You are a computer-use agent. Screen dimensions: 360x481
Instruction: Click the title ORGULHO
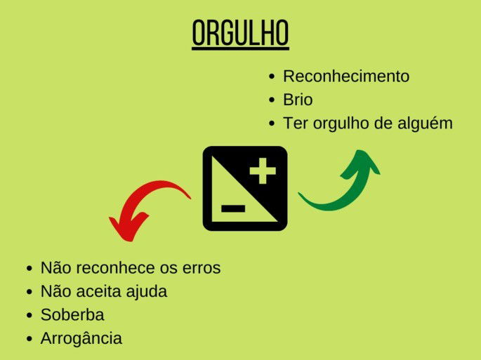(240, 33)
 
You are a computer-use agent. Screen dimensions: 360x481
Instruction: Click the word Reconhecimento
(345, 76)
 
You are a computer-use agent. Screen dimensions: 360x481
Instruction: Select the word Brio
(298, 100)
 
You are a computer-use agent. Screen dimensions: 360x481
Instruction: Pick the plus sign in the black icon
(263, 171)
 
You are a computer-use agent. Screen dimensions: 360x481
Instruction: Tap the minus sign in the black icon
(232, 208)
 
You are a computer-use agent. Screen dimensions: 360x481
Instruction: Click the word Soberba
(72, 315)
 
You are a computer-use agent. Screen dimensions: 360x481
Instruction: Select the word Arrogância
(81, 338)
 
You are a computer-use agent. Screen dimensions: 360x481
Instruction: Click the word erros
(200, 268)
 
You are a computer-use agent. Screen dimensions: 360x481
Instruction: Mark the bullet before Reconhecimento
(272, 77)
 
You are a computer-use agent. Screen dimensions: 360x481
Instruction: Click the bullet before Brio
(272, 100)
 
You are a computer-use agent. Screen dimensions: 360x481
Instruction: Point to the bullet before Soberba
(29, 316)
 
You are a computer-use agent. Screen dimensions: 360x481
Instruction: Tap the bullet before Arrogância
(29, 339)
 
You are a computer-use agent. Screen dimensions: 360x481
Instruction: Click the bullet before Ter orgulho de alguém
(272, 124)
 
